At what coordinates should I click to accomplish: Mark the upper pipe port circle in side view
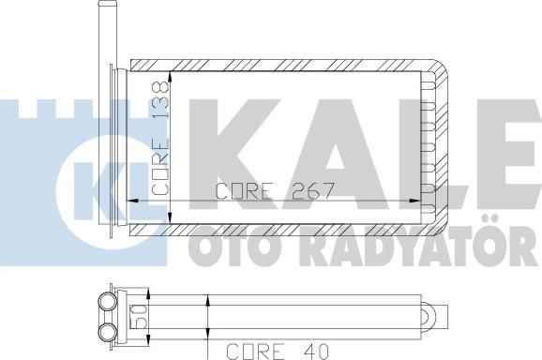(x=104, y=303)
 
